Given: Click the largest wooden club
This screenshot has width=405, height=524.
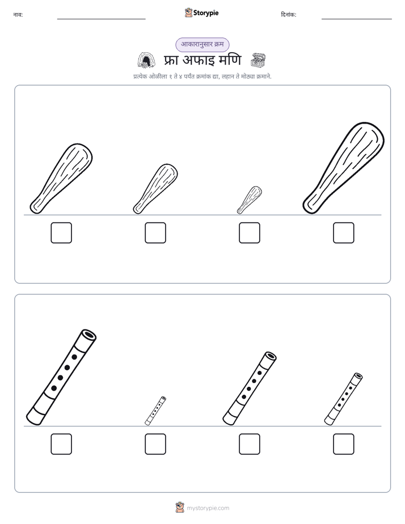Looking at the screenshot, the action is (344, 167).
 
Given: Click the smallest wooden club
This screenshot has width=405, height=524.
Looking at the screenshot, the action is (250, 200).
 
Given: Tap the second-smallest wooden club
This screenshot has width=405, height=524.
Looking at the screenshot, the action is (156, 188).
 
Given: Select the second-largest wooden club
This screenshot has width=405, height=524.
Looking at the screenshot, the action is (61, 178).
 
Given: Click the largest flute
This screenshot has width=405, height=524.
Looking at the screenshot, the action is (61, 377).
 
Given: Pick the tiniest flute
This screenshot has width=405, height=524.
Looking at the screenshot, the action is (155, 411).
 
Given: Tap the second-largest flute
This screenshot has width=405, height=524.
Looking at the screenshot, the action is (250, 388).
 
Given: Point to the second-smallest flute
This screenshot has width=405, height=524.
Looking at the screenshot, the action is (344, 399).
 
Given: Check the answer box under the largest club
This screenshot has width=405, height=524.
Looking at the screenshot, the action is (344, 233).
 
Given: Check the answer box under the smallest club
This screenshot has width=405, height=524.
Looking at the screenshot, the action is (250, 233).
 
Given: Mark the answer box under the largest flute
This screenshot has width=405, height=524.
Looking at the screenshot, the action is (61, 444).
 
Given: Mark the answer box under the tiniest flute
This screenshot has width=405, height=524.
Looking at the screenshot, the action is (155, 444).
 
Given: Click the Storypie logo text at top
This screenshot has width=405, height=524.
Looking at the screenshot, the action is (206, 13).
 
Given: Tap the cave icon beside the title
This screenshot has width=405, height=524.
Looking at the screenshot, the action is (146, 60).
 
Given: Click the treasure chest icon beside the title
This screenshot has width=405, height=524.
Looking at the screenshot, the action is (258, 61).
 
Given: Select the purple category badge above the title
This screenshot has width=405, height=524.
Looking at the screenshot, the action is (202, 44).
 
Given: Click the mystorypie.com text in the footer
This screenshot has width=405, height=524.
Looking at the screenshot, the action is (208, 508).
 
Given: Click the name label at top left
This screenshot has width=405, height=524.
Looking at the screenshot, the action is (18, 15).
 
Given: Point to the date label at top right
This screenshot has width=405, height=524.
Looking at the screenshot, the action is (289, 15).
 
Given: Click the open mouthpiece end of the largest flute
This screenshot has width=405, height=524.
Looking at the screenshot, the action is (88, 335).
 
